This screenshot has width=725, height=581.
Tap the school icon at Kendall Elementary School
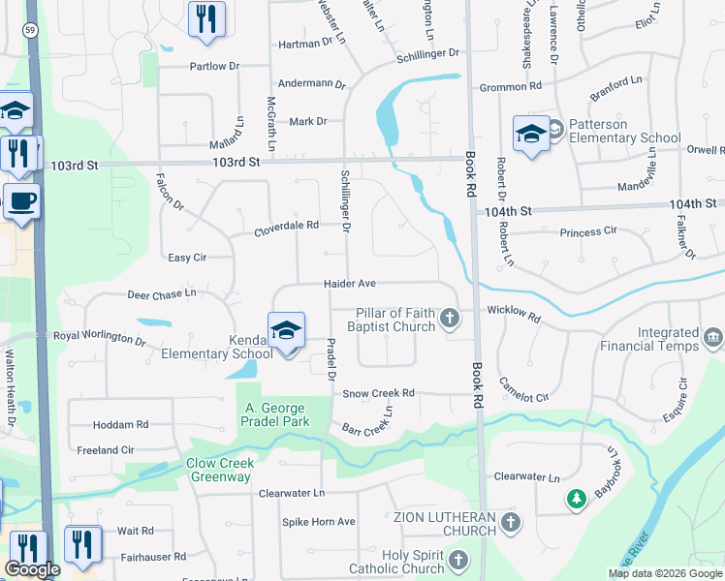(287, 330)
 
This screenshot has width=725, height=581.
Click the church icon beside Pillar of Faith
(449, 318)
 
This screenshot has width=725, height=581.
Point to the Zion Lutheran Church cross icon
(511, 524)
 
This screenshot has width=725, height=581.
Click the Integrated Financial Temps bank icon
(713, 338)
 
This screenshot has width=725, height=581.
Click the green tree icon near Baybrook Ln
(576, 499)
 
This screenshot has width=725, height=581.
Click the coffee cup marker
(21, 201)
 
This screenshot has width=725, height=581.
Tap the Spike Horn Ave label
(319, 522)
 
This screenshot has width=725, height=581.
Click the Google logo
(32, 570)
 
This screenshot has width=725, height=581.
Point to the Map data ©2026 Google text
(664, 573)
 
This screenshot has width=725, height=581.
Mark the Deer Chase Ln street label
(161, 292)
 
